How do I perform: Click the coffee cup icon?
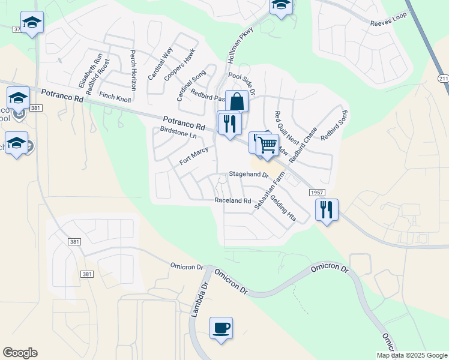221,328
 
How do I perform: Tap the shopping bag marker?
237,101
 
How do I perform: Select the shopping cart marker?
268,145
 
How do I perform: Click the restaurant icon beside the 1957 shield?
327,210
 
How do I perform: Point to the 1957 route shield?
318,192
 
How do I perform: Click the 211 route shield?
443,79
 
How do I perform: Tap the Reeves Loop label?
388,23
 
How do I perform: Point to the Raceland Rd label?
232,200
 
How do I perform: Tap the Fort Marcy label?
193,155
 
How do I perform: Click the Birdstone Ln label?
178,133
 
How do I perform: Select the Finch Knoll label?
115,96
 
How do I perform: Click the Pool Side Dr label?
243,84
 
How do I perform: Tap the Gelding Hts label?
282,208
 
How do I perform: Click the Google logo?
20,353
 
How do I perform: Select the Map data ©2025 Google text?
411,355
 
